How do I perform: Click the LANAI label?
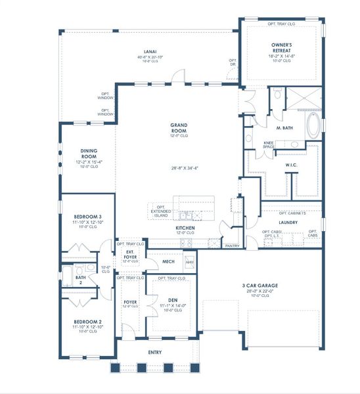click(x=150, y=51)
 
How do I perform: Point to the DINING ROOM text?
click(x=89, y=152)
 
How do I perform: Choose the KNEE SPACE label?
click(x=269, y=144)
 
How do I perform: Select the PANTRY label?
click(x=232, y=246)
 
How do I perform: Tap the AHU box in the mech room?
click(x=190, y=262)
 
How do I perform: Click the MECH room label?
click(x=168, y=262)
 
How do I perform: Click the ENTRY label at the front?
click(x=155, y=352)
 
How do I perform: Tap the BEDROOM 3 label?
click(x=87, y=216)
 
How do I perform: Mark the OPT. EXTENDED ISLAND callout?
click(x=160, y=210)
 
